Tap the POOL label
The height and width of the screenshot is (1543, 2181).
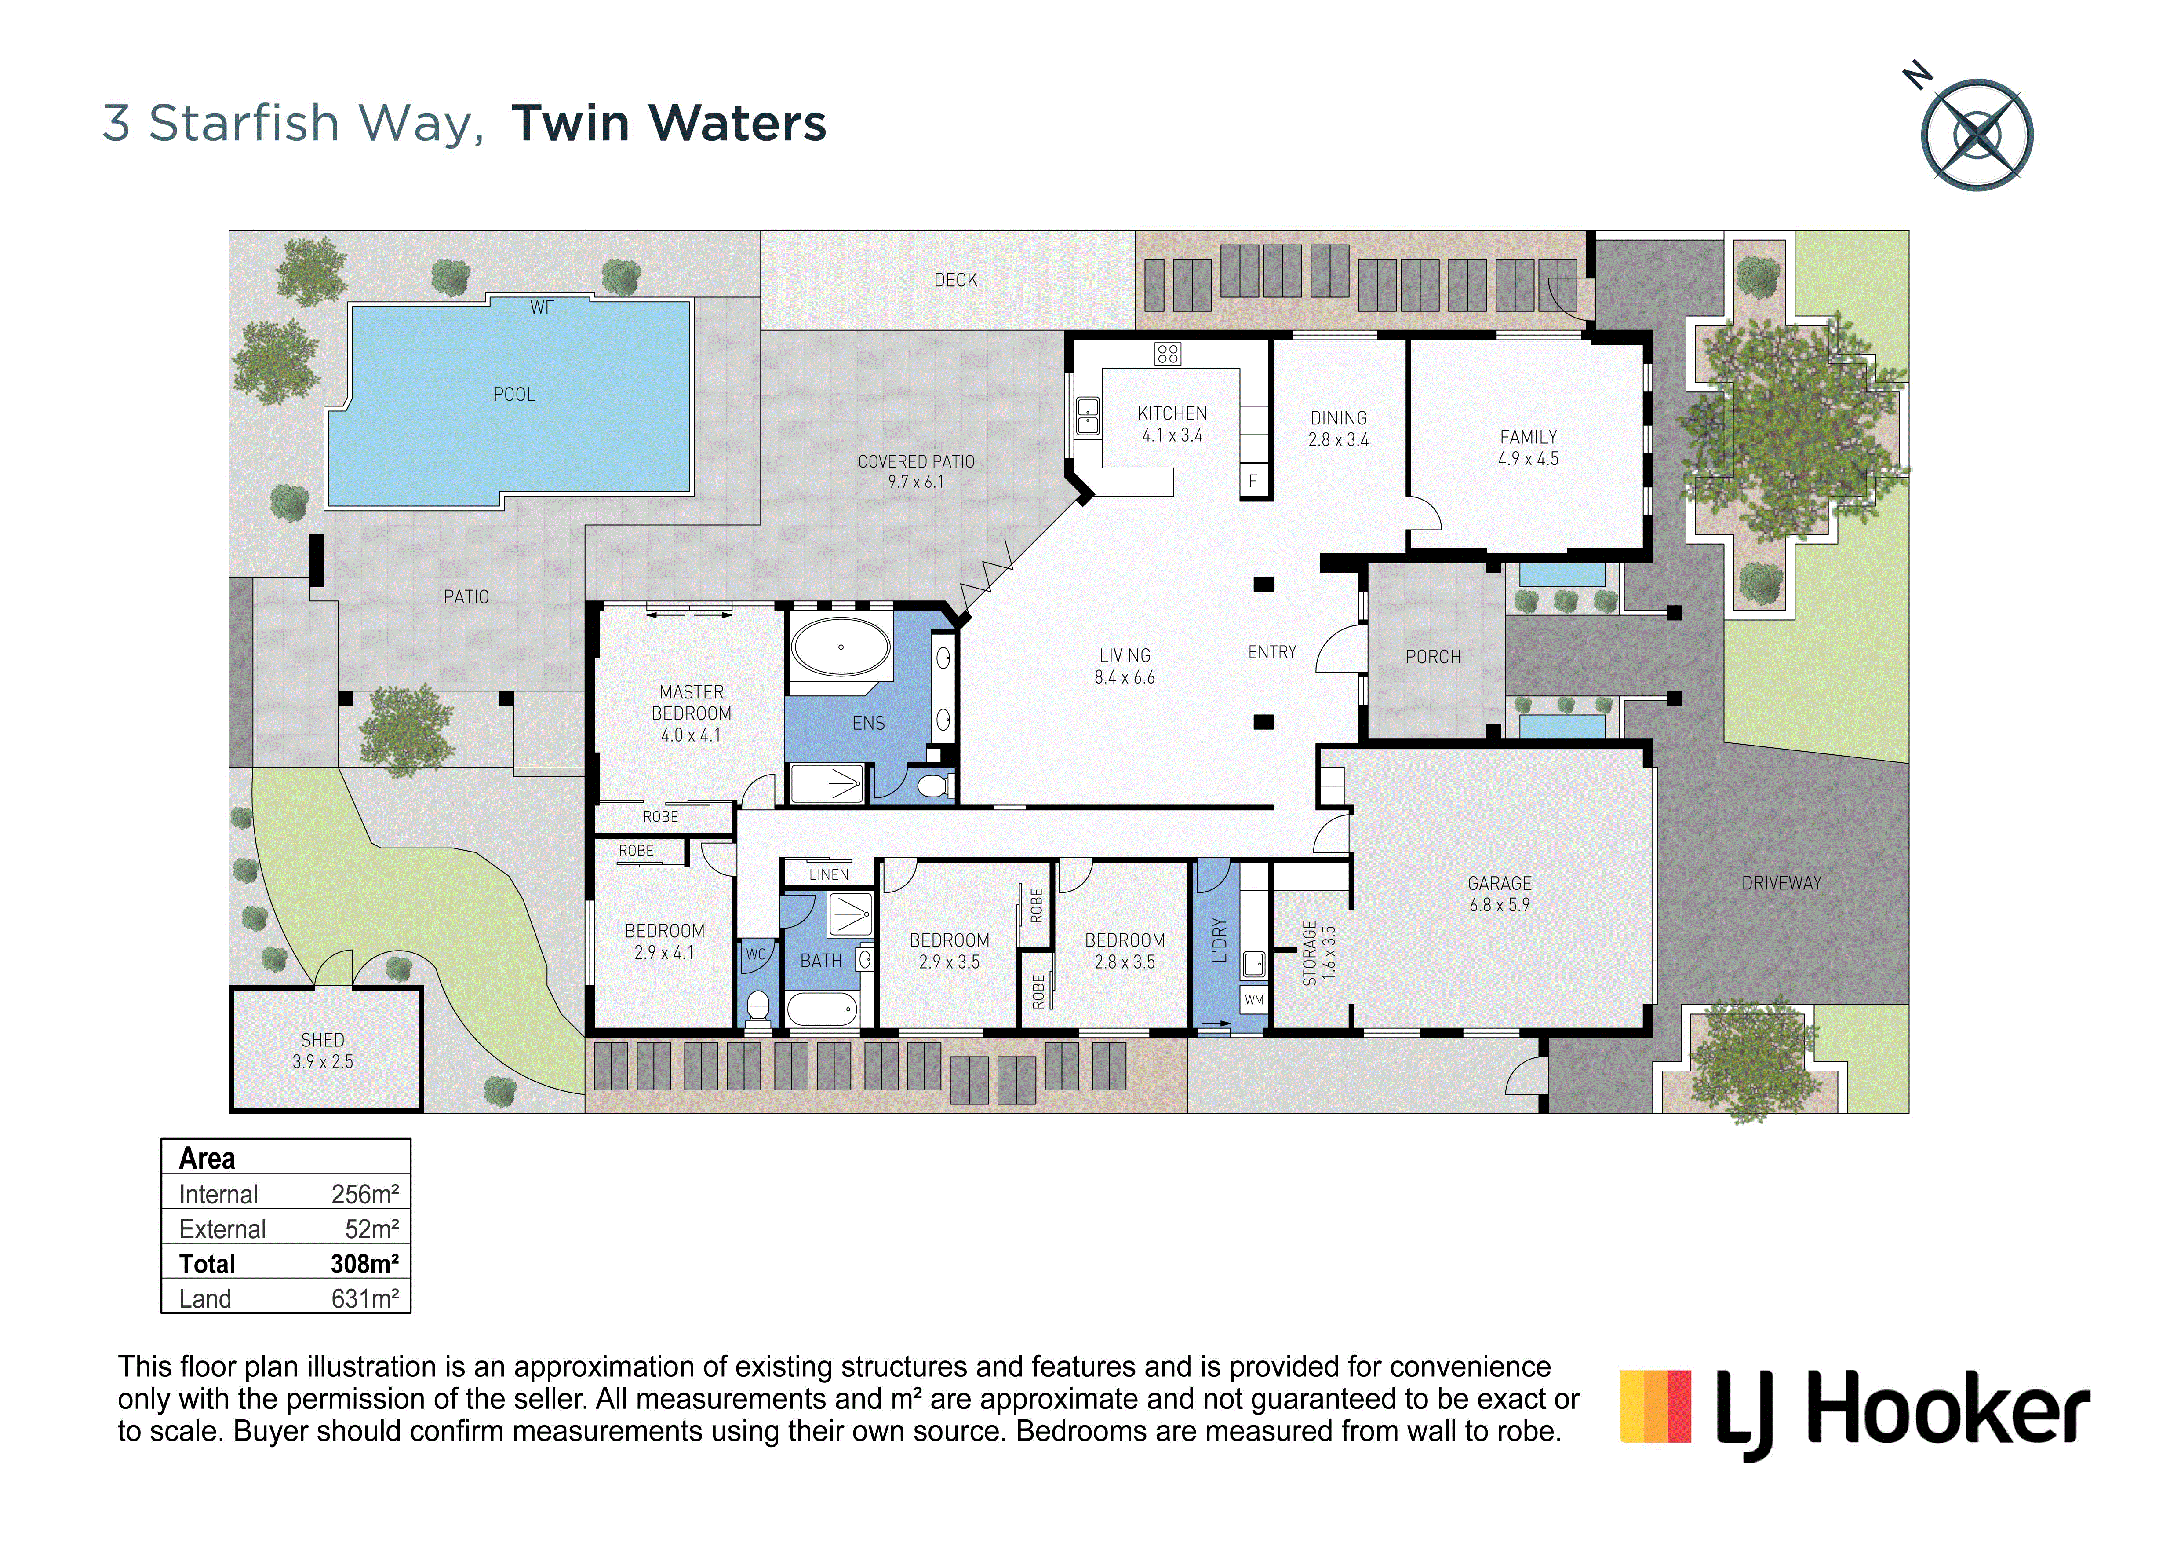(x=514, y=394)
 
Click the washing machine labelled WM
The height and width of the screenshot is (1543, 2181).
(x=1254, y=999)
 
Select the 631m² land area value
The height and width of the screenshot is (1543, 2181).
(x=365, y=1298)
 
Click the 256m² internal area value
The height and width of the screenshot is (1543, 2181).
(x=365, y=1194)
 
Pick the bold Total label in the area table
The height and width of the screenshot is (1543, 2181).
(x=207, y=1264)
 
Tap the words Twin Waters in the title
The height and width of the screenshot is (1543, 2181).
(x=669, y=124)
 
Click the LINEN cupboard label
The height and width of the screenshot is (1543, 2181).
(x=828, y=874)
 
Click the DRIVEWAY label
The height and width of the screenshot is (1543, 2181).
(x=1781, y=883)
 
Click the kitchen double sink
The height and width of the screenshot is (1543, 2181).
(x=1088, y=416)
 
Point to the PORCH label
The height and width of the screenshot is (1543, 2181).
(x=1432, y=657)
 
